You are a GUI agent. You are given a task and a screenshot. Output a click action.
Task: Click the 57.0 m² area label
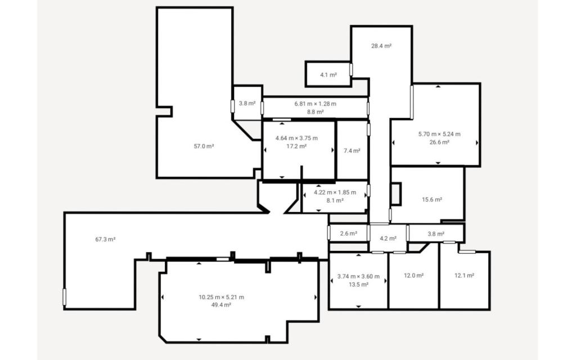204,146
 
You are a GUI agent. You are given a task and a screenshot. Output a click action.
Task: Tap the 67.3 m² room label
105,239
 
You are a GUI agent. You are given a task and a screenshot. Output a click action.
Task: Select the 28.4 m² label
381,46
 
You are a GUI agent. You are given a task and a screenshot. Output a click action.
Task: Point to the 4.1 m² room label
328,75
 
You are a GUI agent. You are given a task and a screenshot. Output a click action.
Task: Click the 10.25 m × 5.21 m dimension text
221,297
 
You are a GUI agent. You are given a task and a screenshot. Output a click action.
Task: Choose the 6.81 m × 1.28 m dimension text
315,103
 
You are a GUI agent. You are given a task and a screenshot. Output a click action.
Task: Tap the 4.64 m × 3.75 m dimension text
296,138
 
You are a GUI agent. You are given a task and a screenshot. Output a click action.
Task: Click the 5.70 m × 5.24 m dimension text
439,134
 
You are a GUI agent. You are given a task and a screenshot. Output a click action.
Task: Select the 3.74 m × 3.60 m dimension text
358,276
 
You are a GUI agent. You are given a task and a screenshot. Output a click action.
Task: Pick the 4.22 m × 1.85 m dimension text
335,192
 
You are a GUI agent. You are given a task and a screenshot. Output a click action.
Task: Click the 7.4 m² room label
352,151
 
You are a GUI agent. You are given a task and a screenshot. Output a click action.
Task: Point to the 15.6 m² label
432,200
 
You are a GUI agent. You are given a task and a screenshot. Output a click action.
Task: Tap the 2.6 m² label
348,233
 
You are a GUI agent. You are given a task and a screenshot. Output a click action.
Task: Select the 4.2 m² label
388,238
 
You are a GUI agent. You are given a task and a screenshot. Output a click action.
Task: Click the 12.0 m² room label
413,276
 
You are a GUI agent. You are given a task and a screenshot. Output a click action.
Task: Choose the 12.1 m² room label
464,276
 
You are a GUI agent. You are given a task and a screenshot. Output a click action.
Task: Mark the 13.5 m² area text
358,285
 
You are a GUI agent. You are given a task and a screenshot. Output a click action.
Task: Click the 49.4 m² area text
221,305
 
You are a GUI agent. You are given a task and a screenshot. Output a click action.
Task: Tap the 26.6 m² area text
439,142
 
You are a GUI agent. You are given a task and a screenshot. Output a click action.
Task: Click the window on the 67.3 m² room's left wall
64,297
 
